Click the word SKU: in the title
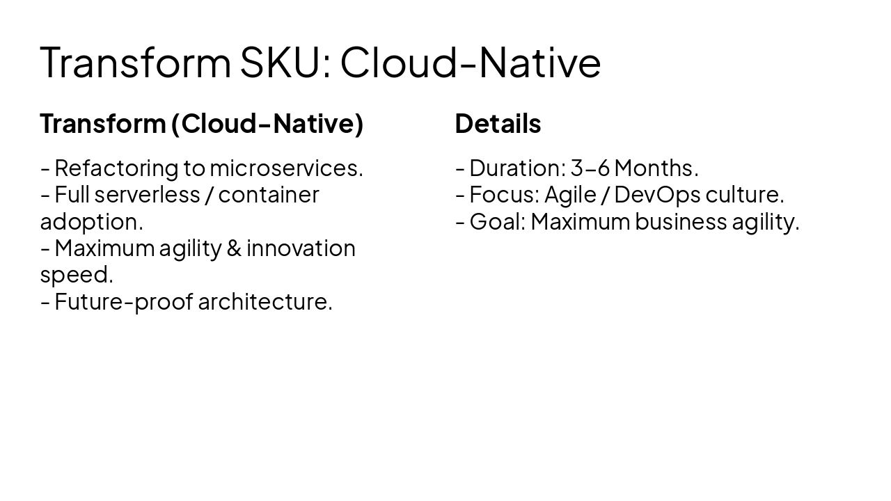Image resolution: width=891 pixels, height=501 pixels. click(285, 62)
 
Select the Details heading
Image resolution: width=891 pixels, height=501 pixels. click(498, 124)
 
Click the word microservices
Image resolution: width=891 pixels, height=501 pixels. click(286, 168)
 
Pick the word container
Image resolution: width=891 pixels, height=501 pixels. click(268, 195)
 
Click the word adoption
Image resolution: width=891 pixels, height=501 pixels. click(91, 222)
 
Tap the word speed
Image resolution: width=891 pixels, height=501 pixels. click(76, 275)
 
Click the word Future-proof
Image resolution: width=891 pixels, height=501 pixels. click(123, 302)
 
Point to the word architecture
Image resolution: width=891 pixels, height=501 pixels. click(265, 302)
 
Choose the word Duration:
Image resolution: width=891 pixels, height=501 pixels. click(517, 168)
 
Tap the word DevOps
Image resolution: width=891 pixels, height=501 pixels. click(656, 195)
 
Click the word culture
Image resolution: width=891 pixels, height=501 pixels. click(745, 195)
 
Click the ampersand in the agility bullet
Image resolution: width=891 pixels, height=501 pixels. click(234, 248)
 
